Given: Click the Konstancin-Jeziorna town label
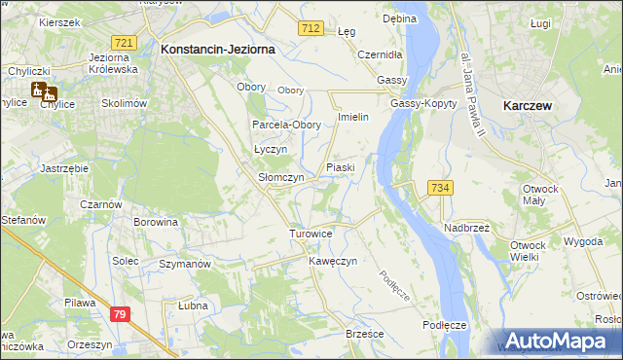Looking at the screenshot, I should coord(218,48).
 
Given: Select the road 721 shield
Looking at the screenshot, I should coord(124,44).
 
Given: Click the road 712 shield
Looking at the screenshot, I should coord(311,30).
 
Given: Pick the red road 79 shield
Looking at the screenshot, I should coord(120,314).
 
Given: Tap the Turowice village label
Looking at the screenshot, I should coord(311,234).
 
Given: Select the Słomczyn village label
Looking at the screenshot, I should coord(281,178).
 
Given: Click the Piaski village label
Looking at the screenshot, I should coord(340,167).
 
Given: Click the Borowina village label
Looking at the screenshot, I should coord(156,222).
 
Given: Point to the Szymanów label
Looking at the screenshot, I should coord(185,265).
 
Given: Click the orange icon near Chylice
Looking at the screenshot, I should coord(43,92).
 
